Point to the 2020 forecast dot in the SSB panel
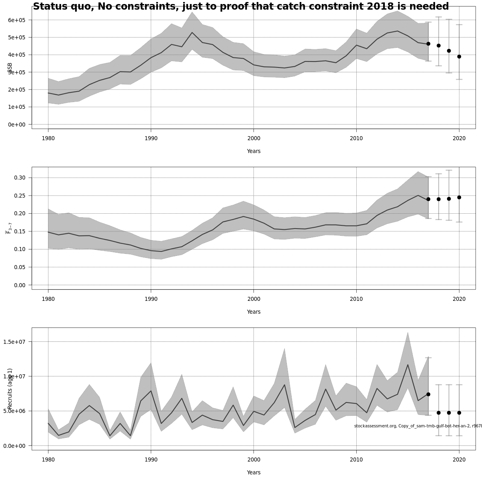coord(459,57)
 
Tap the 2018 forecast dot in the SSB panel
coord(439,45)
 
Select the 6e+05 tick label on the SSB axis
coord(17,20)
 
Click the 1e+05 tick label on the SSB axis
coord(17,107)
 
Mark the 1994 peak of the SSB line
coord(192,33)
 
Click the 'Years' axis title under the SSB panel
coord(253,151)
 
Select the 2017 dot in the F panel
coord(428,199)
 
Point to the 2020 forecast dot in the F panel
coord(459,197)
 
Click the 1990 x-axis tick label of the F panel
coord(151,299)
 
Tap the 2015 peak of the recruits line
coord(408,365)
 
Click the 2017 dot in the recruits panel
coord(428,394)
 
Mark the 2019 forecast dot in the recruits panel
coord(449,413)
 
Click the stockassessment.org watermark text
coord(418,426)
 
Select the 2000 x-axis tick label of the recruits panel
coord(253,460)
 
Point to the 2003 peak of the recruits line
coord(284,385)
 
